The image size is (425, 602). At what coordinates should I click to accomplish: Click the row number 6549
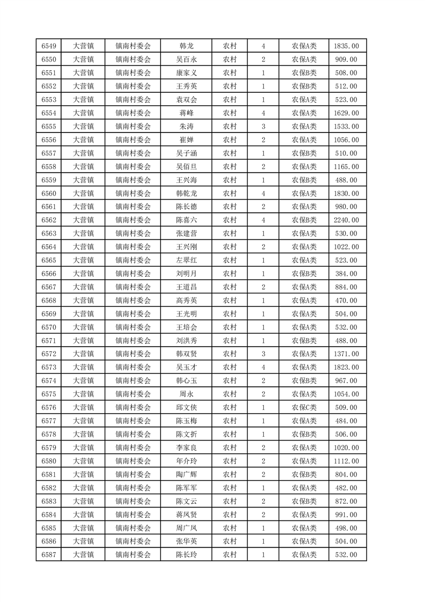point(49,46)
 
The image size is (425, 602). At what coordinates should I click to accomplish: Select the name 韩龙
point(187,46)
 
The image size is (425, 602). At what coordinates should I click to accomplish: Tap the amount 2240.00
point(346,220)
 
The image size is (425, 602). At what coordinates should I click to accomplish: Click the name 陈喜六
point(187,220)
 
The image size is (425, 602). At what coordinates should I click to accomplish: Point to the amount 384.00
point(346,274)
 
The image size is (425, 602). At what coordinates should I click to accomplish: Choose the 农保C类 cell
point(304,408)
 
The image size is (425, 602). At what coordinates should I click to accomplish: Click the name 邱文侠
point(187,408)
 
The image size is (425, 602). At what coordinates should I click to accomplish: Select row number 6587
point(49,555)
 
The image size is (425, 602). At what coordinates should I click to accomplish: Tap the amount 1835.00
point(346,46)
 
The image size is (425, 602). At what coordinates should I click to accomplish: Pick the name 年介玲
point(187,461)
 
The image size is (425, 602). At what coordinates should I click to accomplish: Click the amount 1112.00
point(346,461)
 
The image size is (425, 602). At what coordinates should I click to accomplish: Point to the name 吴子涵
point(187,153)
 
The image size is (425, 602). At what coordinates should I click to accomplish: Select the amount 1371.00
point(346,354)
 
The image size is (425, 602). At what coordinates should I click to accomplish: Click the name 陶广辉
point(187,475)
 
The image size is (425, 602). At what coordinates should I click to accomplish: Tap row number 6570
point(49,327)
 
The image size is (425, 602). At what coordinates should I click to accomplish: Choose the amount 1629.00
point(346,113)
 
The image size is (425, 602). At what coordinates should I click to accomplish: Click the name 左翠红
point(187,260)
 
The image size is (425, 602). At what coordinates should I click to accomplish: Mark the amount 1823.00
point(346,368)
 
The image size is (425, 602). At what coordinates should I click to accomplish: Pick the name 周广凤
point(187,528)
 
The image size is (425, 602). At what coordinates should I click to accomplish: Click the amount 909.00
point(346,60)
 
